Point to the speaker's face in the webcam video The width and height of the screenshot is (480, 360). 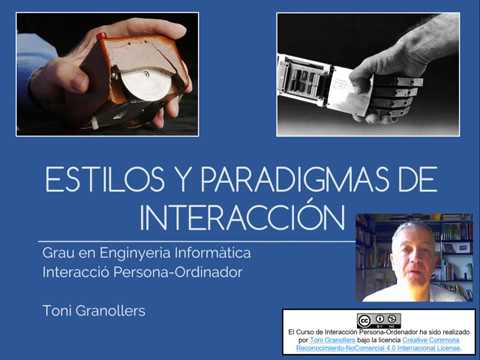412,249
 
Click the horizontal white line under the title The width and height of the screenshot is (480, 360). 200,241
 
